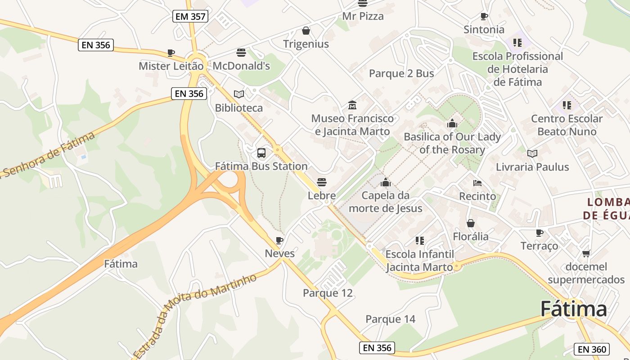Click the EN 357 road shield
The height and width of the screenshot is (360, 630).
190,17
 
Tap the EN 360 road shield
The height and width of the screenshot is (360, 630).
591,349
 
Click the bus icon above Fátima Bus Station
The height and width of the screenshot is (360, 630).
261,153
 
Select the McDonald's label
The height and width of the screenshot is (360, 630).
241,66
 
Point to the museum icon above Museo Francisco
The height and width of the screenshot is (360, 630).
352,105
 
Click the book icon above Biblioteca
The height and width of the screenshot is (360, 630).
239,94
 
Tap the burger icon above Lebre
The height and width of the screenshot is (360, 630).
322,182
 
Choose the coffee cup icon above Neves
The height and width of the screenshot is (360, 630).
279,240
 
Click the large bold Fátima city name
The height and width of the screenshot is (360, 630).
573,309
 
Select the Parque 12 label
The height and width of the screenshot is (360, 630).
328,293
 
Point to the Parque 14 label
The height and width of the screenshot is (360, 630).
390,319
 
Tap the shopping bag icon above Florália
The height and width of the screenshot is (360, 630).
471,223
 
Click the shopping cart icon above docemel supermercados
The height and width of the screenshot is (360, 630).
586,254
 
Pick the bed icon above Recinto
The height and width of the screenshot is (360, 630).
477,183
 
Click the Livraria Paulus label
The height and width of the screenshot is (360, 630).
532,167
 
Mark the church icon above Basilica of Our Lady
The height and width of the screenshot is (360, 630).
452,123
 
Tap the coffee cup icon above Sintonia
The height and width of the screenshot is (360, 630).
484,17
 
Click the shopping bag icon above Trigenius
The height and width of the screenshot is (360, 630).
306,31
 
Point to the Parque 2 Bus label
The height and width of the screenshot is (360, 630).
401,73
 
